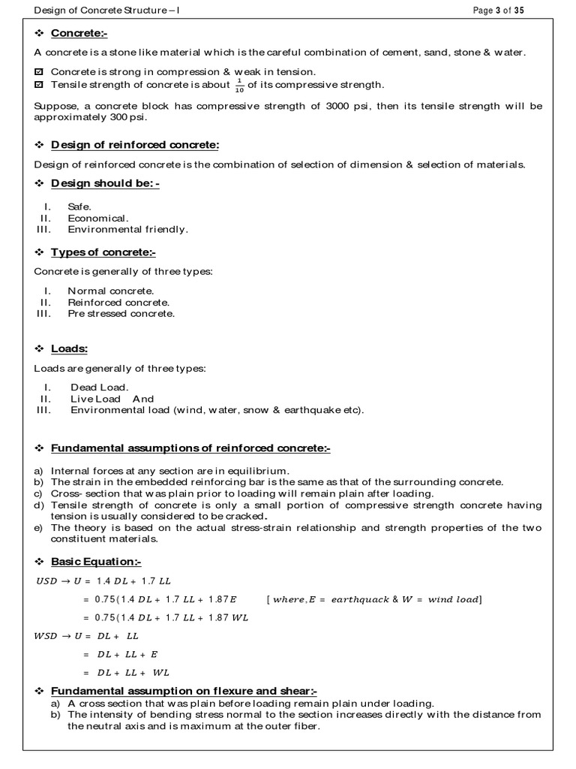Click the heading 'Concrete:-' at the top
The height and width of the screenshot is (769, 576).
pyautogui.click(x=79, y=34)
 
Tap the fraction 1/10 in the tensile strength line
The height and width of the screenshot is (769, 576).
pyautogui.click(x=239, y=85)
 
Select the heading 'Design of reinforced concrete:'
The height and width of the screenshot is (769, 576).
pyautogui.click(x=135, y=144)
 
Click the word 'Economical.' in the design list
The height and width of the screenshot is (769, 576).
pyautogui.click(x=93, y=218)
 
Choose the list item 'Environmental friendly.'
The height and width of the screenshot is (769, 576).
pyautogui.click(x=127, y=229)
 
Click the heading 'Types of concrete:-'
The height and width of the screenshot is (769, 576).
pyautogui.click(x=103, y=252)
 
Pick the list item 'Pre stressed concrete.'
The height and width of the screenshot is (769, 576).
pyautogui.click(x=121, y=313)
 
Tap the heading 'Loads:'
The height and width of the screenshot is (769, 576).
pyautogui.click(x=69, y=348)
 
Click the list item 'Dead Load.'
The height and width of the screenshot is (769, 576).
pyautogui.click(x=100, y=388)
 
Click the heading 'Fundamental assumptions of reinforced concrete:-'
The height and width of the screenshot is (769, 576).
pyautogui.click(x=190, y=448)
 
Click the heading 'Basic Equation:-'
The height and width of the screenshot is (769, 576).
pyautogui.click(x=96, y=562)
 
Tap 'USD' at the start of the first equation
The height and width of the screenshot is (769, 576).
pyautogui.click(x=46, y=581)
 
